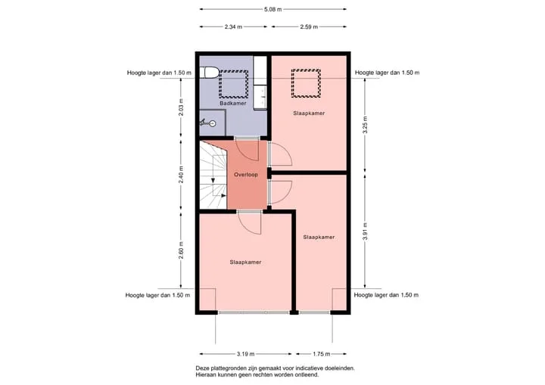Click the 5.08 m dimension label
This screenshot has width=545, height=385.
[272, 9]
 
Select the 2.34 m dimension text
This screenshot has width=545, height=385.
[233, 26]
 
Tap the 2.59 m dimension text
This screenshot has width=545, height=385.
[309, 26]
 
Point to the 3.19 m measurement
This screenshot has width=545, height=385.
[246, 354]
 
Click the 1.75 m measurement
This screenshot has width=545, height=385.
[322, 354]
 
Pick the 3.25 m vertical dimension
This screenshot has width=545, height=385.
[365, 125]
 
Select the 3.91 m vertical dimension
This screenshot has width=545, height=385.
[365, 231]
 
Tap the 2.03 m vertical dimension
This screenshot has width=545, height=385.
[181, 107]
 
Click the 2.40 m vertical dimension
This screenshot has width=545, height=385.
[181, 175]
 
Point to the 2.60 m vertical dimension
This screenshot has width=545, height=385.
[181, 250]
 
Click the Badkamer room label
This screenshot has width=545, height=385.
[233, 103]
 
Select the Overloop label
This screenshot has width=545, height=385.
[246, 175]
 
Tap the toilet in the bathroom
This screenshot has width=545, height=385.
[209, 73]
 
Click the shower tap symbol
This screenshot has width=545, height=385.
[208, 123]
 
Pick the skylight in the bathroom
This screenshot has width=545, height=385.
[234, 84]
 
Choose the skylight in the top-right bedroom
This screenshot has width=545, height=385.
[306, 83]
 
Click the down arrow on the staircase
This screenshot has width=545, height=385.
[213, 180]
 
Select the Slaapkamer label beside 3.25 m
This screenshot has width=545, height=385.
[309, 113]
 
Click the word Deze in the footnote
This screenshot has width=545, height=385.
[202, 368]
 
